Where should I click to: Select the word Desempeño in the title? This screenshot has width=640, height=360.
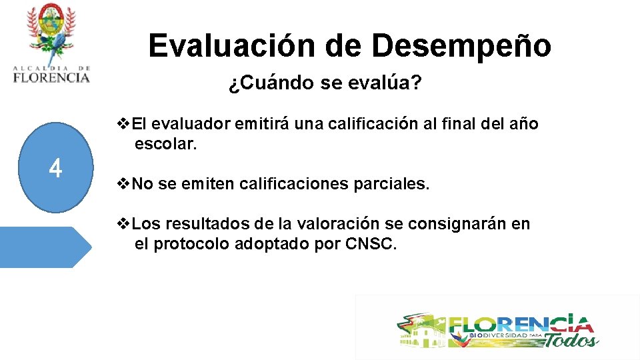click(x=461, y=45)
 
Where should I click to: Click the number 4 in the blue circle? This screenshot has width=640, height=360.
click(x=55, y=168)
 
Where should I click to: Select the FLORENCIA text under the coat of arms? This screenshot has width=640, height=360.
click(x=51, y=77)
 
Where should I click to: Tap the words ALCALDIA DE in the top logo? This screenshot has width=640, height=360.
click(x=51, y=68)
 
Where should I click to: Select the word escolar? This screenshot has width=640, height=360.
click(x=165, y=143)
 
